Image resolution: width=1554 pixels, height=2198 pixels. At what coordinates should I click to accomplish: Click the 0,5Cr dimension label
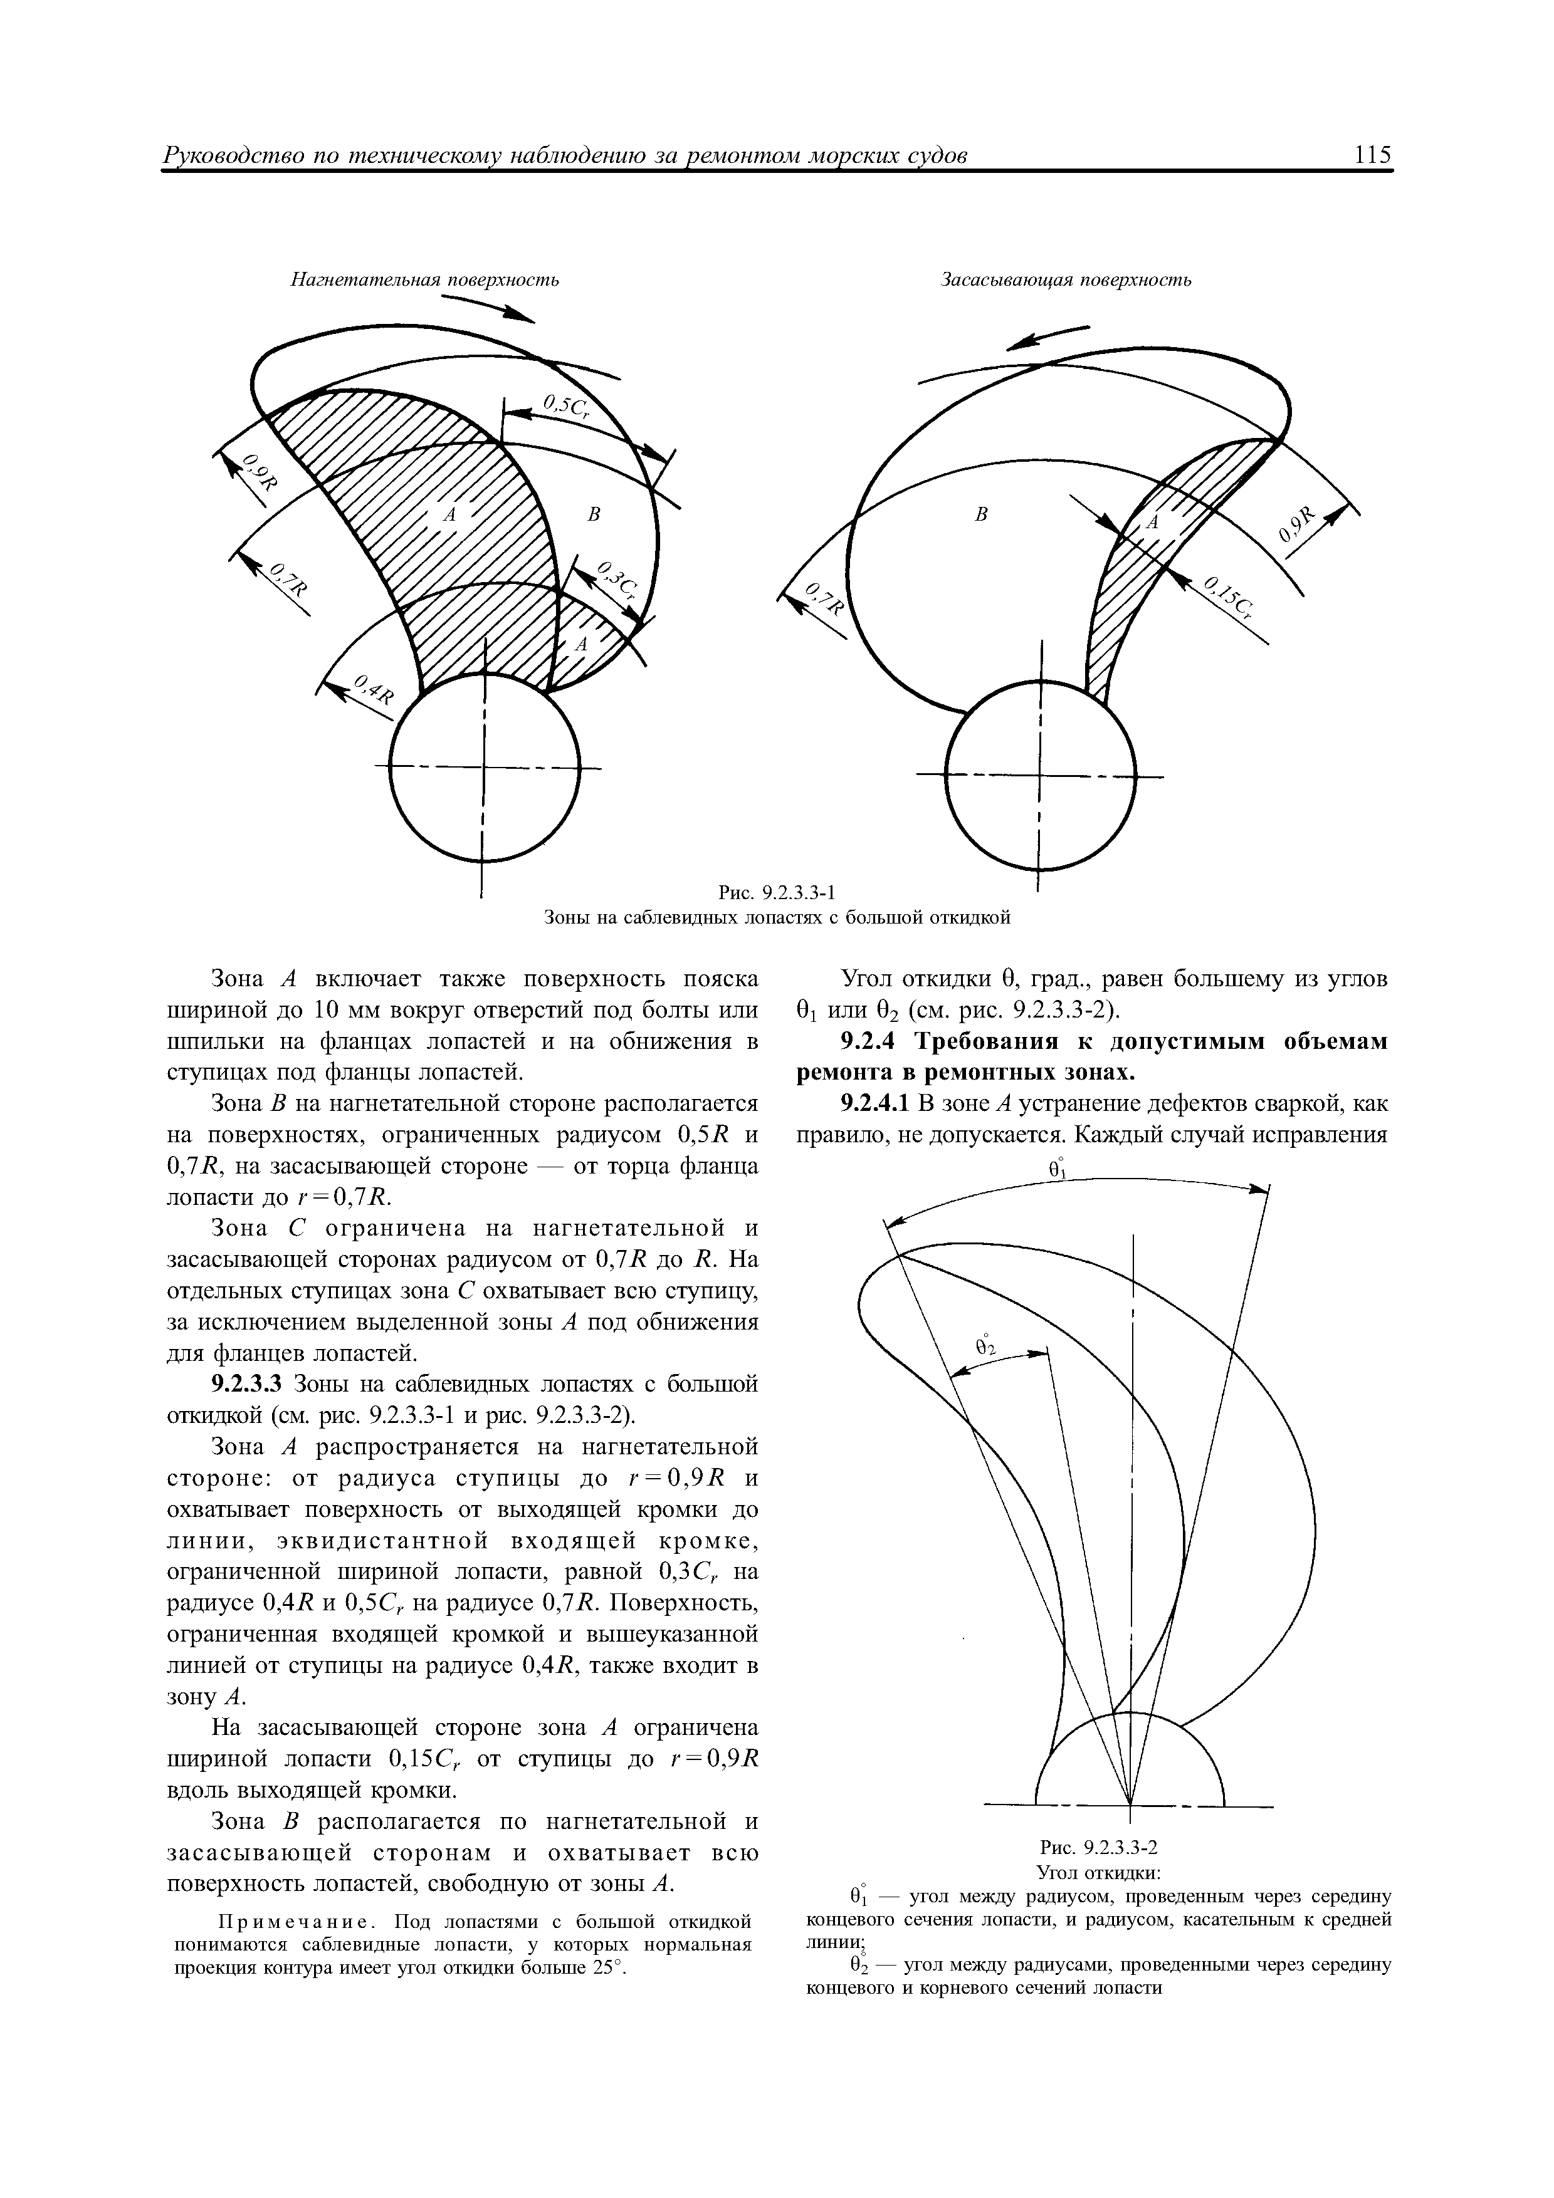[x=564, y=408]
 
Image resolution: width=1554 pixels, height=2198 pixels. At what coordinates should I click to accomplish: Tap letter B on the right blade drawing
[x=980, y=515]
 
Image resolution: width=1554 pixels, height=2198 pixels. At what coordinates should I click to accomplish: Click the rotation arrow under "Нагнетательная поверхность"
[x=488, y=308]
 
